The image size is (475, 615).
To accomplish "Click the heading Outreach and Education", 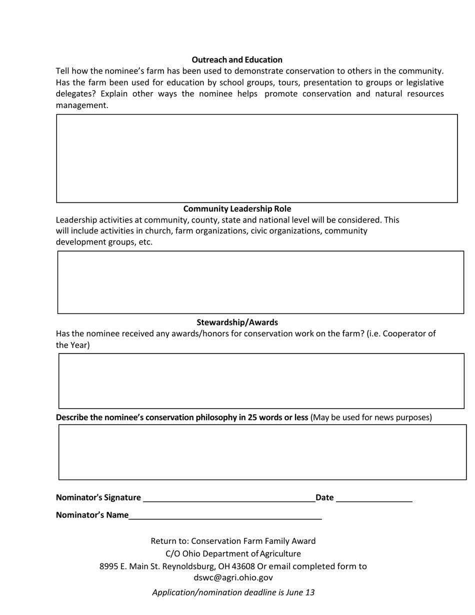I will coord(237,59).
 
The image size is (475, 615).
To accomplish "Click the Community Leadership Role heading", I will coord(237,208).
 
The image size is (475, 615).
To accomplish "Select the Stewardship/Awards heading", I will coord(237,322).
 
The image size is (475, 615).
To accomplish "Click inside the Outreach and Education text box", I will coord(256,158).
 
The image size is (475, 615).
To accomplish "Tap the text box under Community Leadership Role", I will coord(260,282).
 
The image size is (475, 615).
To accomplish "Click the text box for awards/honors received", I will coord(261,381).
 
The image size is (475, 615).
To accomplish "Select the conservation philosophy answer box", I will coord(262,452).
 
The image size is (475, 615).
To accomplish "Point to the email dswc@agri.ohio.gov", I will coord(233,577).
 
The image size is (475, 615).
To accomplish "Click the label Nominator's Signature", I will coord(98,497).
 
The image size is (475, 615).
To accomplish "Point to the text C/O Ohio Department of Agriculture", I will coord(233,553).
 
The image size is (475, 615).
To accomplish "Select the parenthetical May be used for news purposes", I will coord(371,417).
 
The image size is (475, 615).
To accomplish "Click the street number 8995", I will coord(108,566).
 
